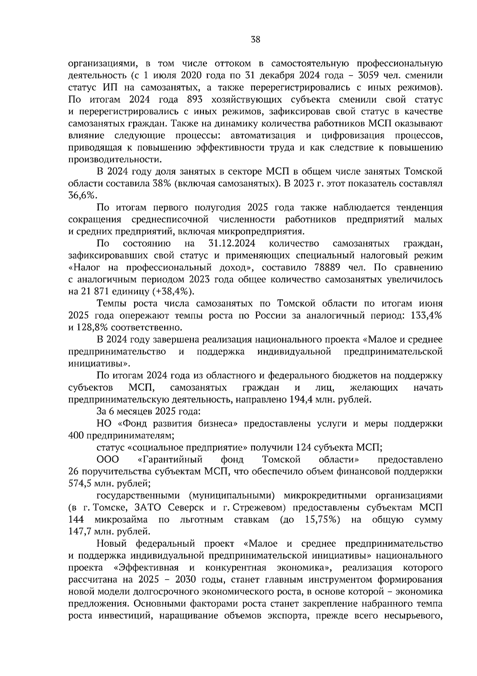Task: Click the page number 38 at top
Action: pyautogui.click(x=255, y=39)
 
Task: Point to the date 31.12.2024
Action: pyautogui.click(x=232, y=243)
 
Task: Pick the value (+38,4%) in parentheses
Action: pyautogui.click(x=173, y=291)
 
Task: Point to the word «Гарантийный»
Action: pyautogui.click(x=171, y=459)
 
